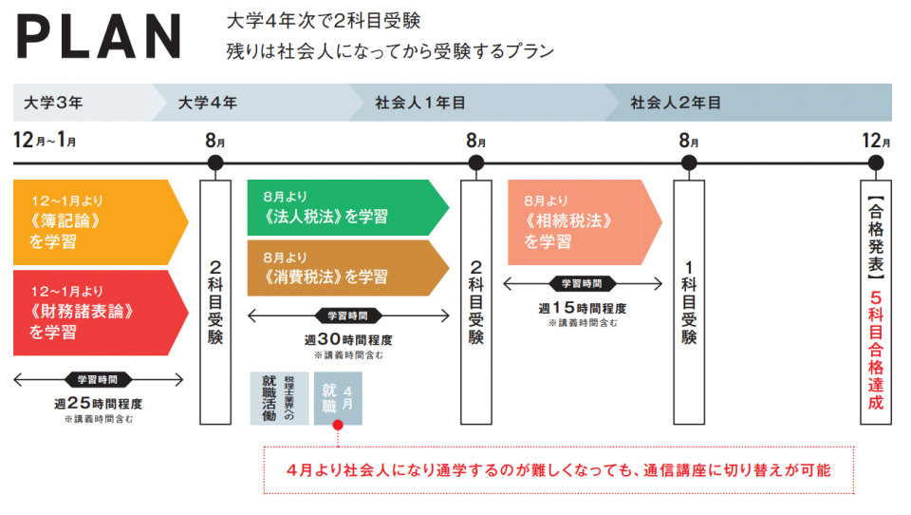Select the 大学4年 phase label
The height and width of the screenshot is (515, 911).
tap(208, 103)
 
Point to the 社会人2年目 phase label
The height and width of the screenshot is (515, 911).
tap(676, 103)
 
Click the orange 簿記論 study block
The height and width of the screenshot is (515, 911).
tap(95, 221)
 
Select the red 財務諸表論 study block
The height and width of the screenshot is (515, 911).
tap(95, 312)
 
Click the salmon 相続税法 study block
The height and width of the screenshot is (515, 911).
tap(579, 222)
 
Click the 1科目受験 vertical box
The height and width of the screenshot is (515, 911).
tap(689, 301)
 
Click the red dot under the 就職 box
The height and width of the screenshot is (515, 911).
tap(337, 441)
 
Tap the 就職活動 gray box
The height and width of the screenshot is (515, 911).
tap(278, 397)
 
